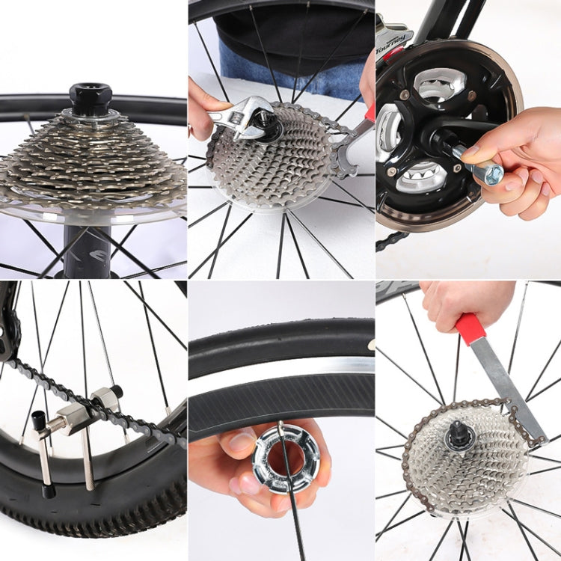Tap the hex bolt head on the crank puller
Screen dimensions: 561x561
[x=492, y=175]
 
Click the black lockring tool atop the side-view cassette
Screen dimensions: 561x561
[x=91, y=97]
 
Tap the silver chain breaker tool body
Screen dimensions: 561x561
[x=75, y=418]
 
